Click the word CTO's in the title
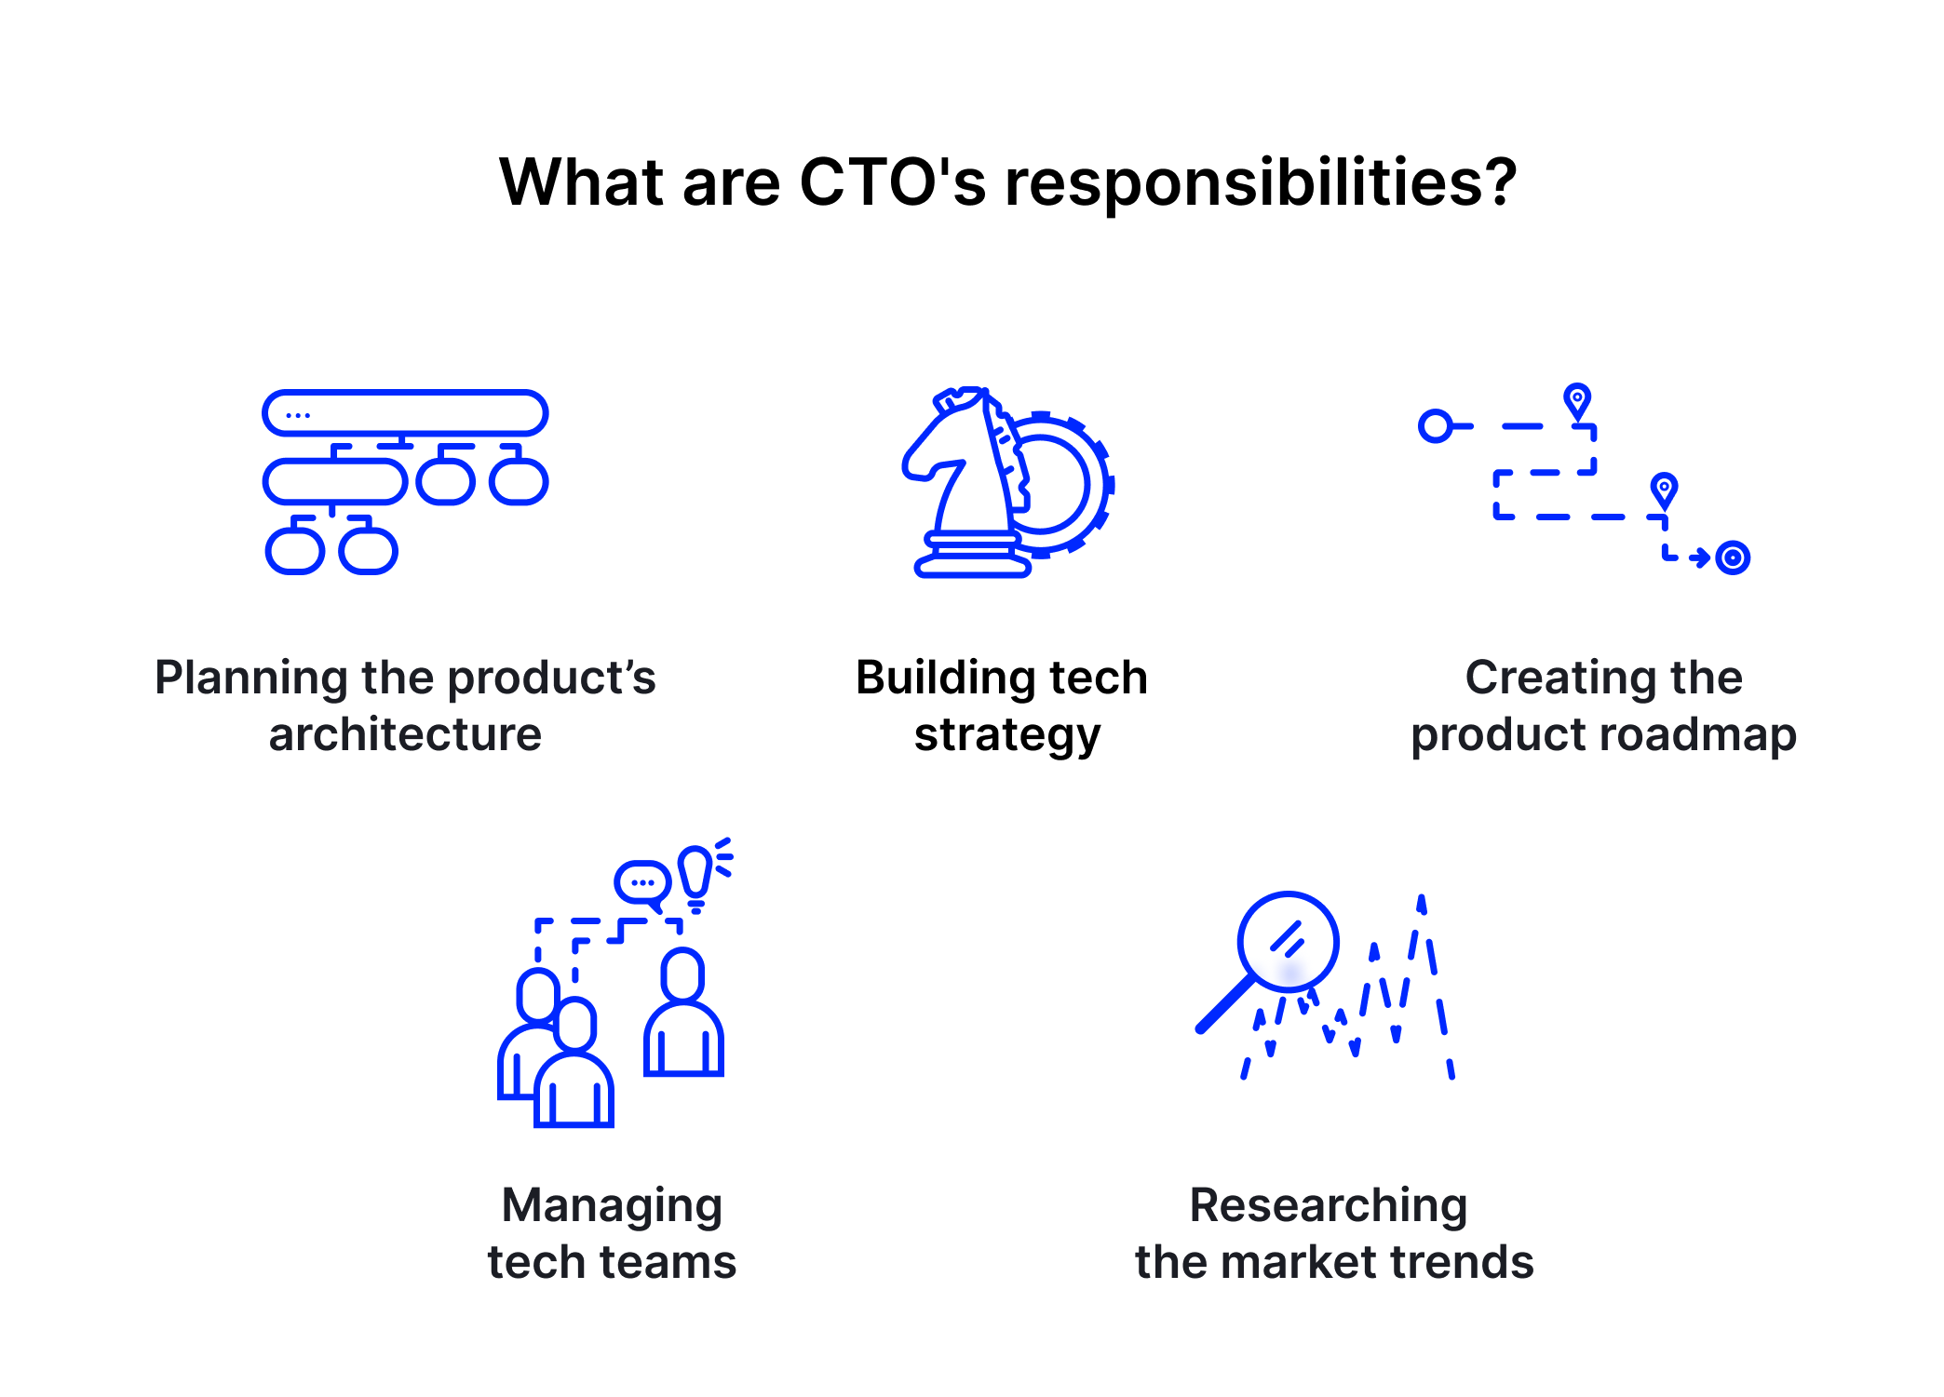[891, 181]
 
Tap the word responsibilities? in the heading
[1261, 183]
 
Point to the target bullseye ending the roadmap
[1732, 557]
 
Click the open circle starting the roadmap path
[1435, 426]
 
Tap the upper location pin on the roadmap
[1577, 401]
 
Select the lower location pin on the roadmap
[1664, 490]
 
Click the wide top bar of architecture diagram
[405, 413]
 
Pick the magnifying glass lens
[1289, 941]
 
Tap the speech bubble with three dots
[642, 881]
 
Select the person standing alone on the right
[683, 1014]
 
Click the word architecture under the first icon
[405, 734]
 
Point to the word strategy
[1006, 736]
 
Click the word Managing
[612, 1205]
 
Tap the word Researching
[1329, 1205]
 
